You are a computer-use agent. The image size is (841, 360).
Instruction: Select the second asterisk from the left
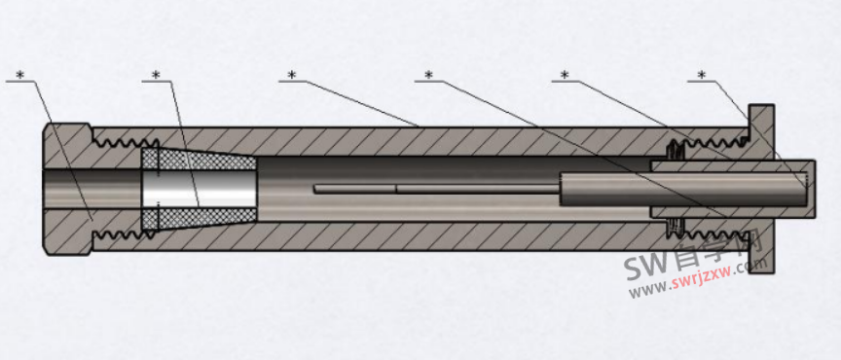tap(156, 74)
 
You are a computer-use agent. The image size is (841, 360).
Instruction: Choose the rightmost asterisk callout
tap(701, 74)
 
